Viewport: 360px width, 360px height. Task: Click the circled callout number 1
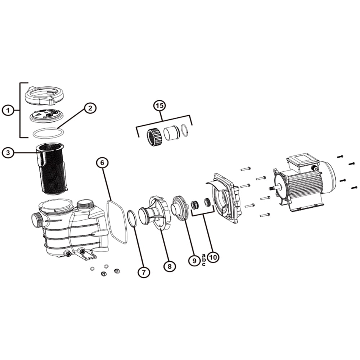click(x=8, y=111)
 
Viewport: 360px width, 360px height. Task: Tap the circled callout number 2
click(x=90, y=108)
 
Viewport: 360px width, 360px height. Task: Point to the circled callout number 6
click(x=102, y=163)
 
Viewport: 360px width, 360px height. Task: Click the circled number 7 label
click(x=144, y=272)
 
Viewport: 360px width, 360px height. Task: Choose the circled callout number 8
click(x=170, y=266)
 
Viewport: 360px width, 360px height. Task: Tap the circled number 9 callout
click(x=194, y=261)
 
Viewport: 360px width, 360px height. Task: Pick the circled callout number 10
click(x=213, y=257)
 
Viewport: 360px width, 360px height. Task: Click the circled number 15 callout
click(x=160, y=106)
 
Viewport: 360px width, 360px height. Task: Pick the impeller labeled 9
click(x=180, y=208)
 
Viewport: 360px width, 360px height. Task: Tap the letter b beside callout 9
click(x=204, y=260)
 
